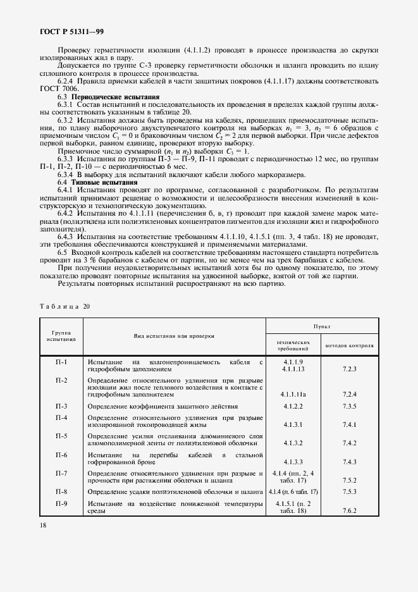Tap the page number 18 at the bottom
[x=43, y=525]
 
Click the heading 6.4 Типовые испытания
[x=94, y=182]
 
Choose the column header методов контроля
[x=350, y=346]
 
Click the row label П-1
[x=61, y=362]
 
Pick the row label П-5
[x=61, y=436]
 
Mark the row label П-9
[x=61, y=503]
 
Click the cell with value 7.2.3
[x=350, y=368]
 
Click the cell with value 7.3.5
[x=350, y=406]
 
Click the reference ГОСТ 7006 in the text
[x=58, y=87]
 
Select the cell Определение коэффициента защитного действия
[x=163, y=406]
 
